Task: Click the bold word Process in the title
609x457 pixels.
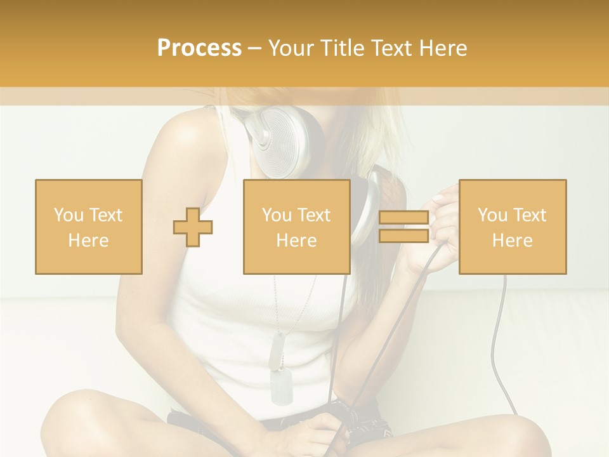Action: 199,48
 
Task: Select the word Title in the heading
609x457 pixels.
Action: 344,48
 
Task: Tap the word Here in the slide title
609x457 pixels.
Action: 440,48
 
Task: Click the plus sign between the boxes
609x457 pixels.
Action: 193,227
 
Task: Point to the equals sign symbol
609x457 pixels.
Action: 403,227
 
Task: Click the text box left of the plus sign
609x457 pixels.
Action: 89,227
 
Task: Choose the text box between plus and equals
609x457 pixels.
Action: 296,227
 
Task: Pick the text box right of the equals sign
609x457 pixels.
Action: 513,227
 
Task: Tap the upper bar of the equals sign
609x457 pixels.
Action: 403,218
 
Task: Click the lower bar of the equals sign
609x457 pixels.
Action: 403,236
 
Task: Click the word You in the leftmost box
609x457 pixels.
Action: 68,215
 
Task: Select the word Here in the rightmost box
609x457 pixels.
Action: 513,241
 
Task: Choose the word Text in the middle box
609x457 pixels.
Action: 313,215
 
